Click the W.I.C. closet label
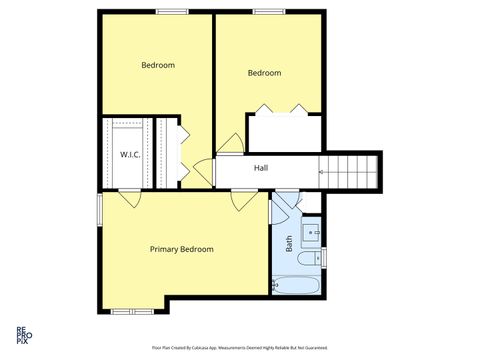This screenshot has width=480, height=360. coord(129,155)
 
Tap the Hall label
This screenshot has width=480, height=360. coord(261,168)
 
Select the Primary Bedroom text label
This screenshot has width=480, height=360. coord(182,249)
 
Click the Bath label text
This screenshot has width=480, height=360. coord(289,242)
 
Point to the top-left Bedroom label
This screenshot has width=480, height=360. coord(158,65)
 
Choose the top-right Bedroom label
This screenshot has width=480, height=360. coord(264,72)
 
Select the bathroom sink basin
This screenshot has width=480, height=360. coord(312,235)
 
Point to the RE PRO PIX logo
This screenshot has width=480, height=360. coord(21,334)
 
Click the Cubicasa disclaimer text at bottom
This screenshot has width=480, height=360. coord(239,348)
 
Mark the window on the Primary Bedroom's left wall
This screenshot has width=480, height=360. coord(98,209)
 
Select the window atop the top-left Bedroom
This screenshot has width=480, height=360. coord(172,11)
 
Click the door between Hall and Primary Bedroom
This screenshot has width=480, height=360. coord(240,200)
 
